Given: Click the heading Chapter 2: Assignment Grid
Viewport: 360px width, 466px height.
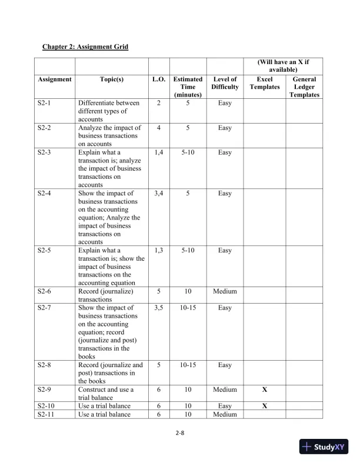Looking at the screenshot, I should [x=85, y=46].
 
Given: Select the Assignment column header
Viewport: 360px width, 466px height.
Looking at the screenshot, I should [x=54, y=79].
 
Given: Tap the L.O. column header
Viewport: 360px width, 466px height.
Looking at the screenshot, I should [x=159, y=79].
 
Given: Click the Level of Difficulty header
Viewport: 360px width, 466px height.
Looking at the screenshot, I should [x=225, y=83].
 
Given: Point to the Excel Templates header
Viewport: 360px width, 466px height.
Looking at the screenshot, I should [x=265, y=83].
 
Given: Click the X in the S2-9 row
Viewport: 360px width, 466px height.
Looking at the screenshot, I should [x=265, y=390].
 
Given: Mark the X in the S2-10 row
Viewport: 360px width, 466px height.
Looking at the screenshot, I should [x=265, y=406].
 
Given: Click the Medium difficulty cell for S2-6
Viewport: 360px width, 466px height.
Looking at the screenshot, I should [x=225, y=291].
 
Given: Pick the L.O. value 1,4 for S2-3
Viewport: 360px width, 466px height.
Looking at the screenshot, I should [x=159, y=152].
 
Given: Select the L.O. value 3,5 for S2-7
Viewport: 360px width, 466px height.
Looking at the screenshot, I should [x=159, y=308].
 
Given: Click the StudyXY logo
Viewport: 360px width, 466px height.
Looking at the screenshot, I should [x=322, y=447].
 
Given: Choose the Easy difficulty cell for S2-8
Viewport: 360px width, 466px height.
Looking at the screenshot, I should [x=225, y=365].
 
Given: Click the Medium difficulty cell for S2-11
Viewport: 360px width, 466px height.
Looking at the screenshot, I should [x=225, y=414].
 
